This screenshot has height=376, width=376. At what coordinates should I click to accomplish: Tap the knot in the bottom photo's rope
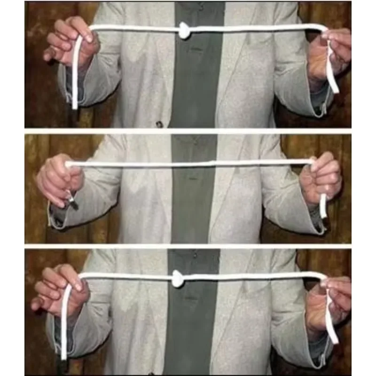pyautogui.click(x=177, y=278)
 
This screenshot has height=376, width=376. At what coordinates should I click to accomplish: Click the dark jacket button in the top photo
pyautogui.click(x=159, y=124)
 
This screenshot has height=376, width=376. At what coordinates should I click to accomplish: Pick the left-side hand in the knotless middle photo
pyautogui.click(x=59, y=179)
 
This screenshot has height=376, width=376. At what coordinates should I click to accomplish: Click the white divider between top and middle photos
pyautogui.click(x=188, y=131)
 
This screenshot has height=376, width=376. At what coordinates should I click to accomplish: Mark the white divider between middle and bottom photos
pyautogui.click(x=188, y=246)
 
